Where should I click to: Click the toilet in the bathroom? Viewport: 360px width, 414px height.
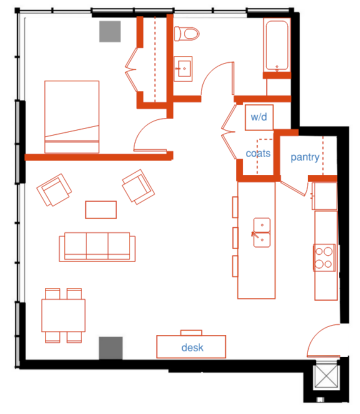pyautogui.click(x=186, y=33)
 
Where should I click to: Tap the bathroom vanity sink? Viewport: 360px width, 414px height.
pyautogui.click(x=183, y=68)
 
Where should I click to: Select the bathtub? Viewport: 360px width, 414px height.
pyautogui.click(x=277, y=45)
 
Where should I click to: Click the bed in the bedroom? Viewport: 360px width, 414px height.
pyautogui.click(x=72, y=116)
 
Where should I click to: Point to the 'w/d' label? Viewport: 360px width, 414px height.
pyautogui.click(x=259, y=116)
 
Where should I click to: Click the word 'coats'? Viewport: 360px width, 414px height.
pyautogui.click(x=258, y=153)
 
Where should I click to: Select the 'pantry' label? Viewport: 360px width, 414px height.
pyautogui.click(x=305, y=157)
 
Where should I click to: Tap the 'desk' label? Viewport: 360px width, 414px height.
pyautogui.click(x=192, y=347)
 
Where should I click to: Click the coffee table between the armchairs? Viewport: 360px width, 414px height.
pyautogui.click(x=101, y=209)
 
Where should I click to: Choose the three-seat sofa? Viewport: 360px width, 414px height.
pyautogui.click(x=97, y=247)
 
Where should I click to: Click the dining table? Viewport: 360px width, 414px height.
pyautogui.click(x=63, y=315)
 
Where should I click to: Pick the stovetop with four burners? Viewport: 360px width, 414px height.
pyautogui.click(x=324, y=257)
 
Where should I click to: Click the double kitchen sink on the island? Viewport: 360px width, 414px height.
pyautogui.click(x=261, y=232)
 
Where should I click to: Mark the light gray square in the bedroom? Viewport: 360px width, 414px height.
pyautogui.click(x=110, y=31)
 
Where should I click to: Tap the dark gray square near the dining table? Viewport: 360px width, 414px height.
pyautogui.click(x=110, y=348)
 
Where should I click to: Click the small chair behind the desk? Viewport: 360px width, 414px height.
pyautogui.click(x=191, y=332)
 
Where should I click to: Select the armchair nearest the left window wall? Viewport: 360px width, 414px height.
pyautogui.click(x=54, y=189)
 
